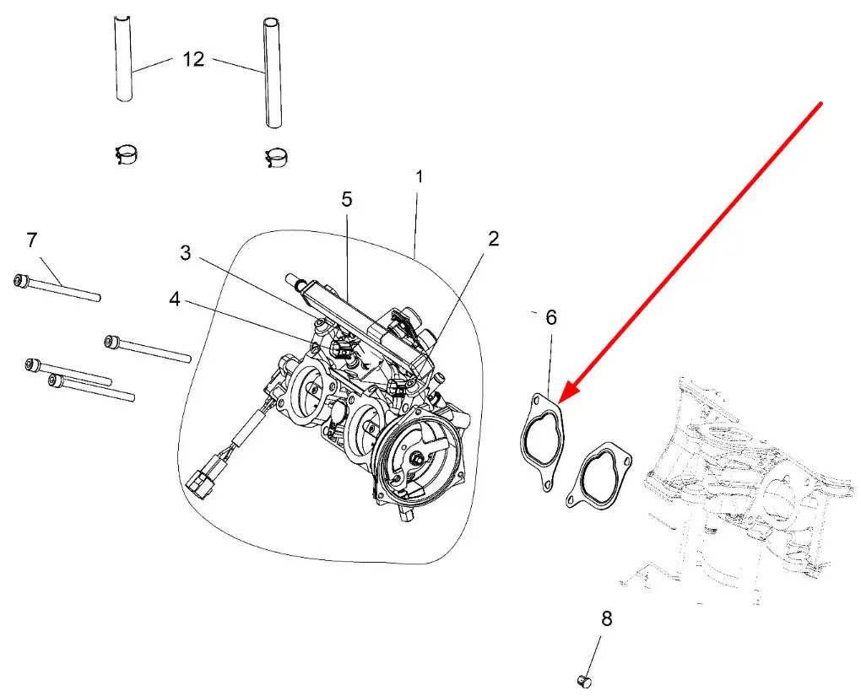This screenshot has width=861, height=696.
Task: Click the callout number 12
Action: click(x=193, y=60)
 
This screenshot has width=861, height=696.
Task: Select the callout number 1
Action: click(x=419, y=178)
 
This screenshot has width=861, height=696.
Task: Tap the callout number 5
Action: click(x=347, y=199)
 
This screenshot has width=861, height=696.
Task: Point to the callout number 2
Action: click(x=493, y=239)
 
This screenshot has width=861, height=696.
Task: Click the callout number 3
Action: click(x=186, y=252)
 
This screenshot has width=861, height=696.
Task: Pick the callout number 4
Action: click(x=174, y=299)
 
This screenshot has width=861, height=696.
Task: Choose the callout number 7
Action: click(x=32, y=240)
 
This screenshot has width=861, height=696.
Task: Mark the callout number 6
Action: click(x=551, y=318)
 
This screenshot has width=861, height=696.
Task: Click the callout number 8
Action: click(x=606, y=618)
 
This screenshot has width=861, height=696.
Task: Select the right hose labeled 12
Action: click(x=271, y=72)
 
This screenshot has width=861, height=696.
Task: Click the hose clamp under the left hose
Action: click(x=127, y=154)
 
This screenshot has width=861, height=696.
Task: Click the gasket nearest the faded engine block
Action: click(x=598, y=477)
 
